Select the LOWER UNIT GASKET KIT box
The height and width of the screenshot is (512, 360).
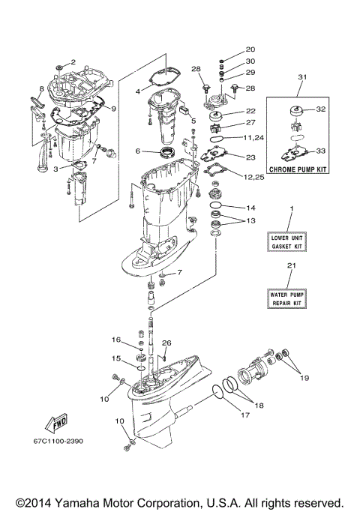pyautogui.click(x=287, y=241)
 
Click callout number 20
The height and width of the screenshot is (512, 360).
pyautogui.click(x=250, y=49)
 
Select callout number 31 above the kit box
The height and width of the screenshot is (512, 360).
pyautogui.click(x=302, y=77)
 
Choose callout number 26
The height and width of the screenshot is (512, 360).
pyautogui.click(x=167, y=344)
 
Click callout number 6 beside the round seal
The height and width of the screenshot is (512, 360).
pyautogui.click(x=138, y=151)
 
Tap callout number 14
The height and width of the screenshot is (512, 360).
pyautogui.click(x=250, y=208)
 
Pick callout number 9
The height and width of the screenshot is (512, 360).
pyautogui.click(x=113, y=109)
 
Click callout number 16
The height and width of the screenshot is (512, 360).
pyautogui.click(x=116, y=340)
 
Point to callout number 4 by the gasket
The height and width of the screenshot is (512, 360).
pyautogui.click(x=138, y=91)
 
